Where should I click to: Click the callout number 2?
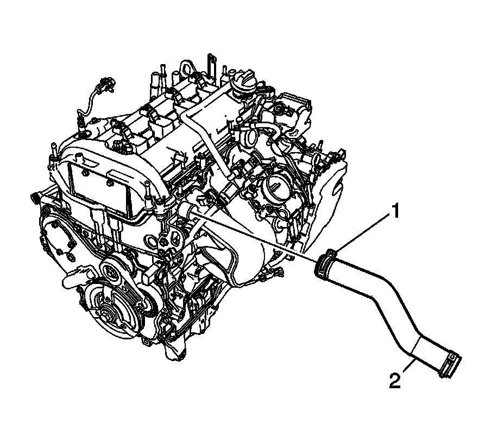pyautogui.click(x=395, y=381)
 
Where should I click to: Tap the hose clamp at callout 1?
pyautogui.click(x=326, y=263)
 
